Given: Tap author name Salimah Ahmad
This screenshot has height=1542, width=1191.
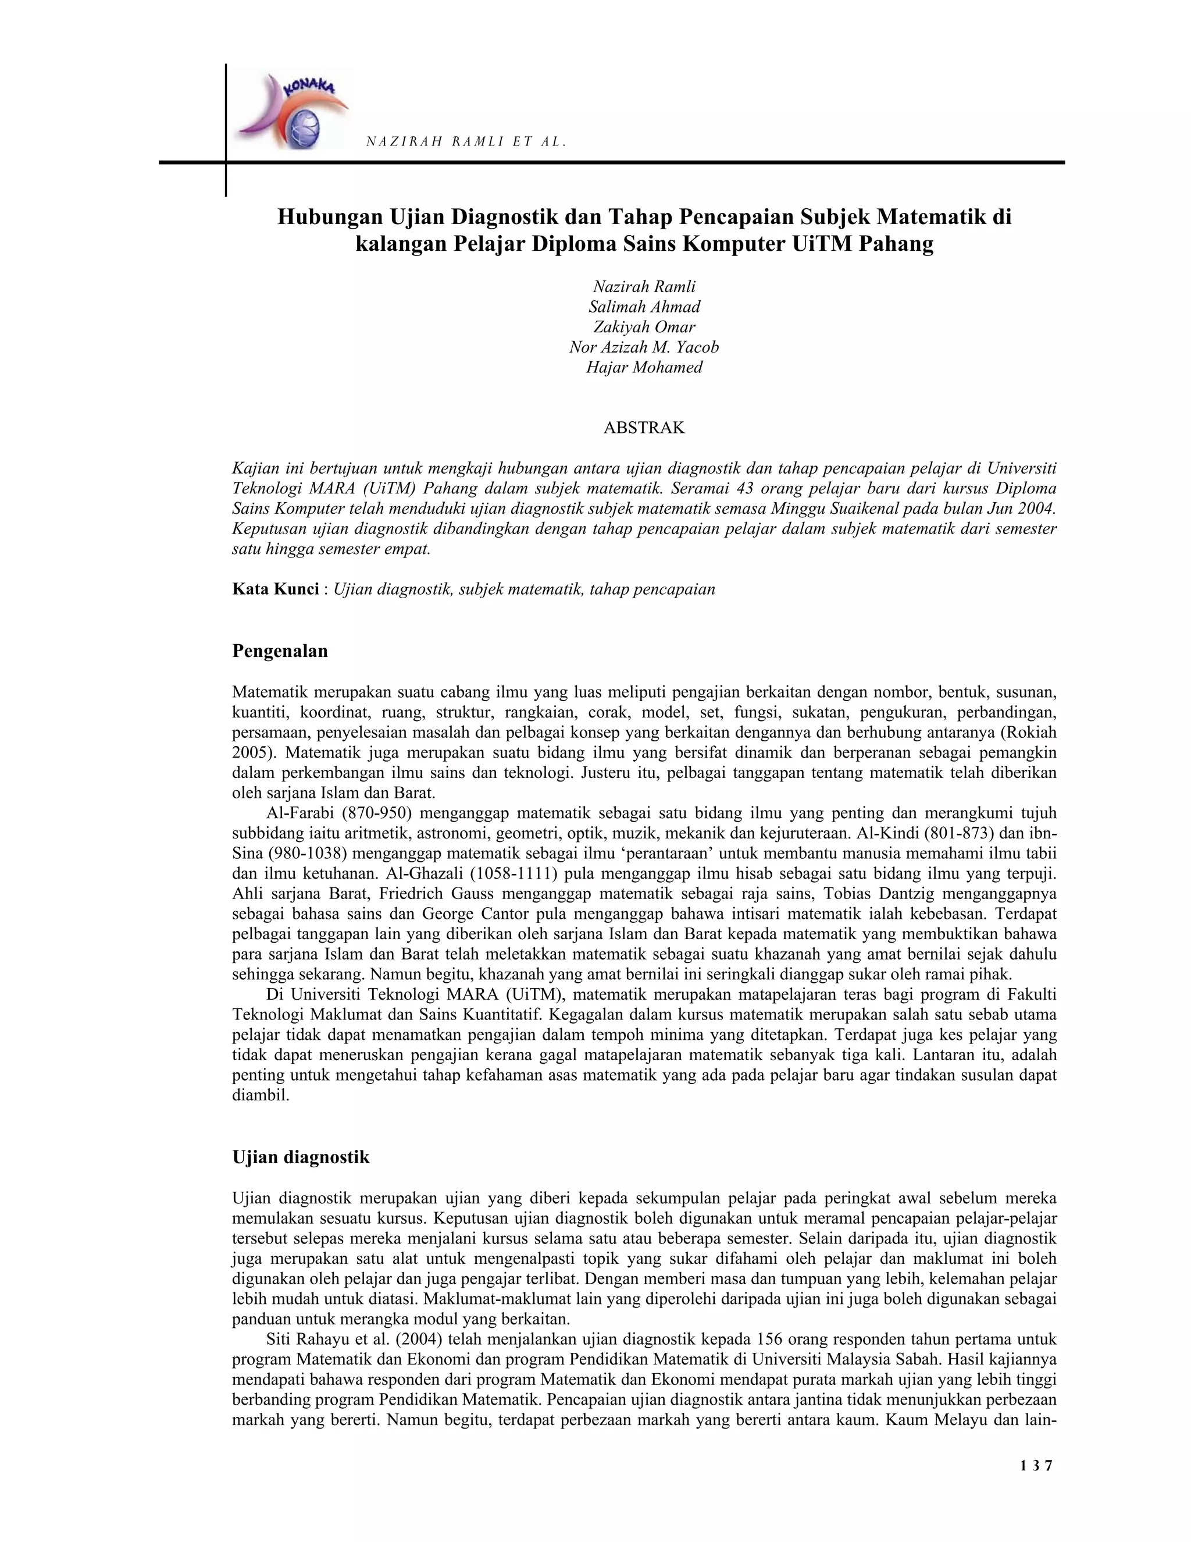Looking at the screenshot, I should point(644,307).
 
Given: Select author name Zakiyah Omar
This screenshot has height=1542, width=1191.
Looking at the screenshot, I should point(644,327).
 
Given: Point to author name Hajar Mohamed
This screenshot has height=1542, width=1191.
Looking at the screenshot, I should point(644,367).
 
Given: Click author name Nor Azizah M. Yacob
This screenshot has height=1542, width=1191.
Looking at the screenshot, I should point(644,347).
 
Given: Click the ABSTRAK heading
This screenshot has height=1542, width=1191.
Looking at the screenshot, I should point(644,427).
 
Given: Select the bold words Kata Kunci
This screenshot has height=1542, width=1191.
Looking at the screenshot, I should point(275,589).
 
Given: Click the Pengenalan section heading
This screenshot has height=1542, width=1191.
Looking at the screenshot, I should point(280,651).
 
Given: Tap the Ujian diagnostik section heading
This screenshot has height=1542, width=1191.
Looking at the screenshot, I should point(301,1157).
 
